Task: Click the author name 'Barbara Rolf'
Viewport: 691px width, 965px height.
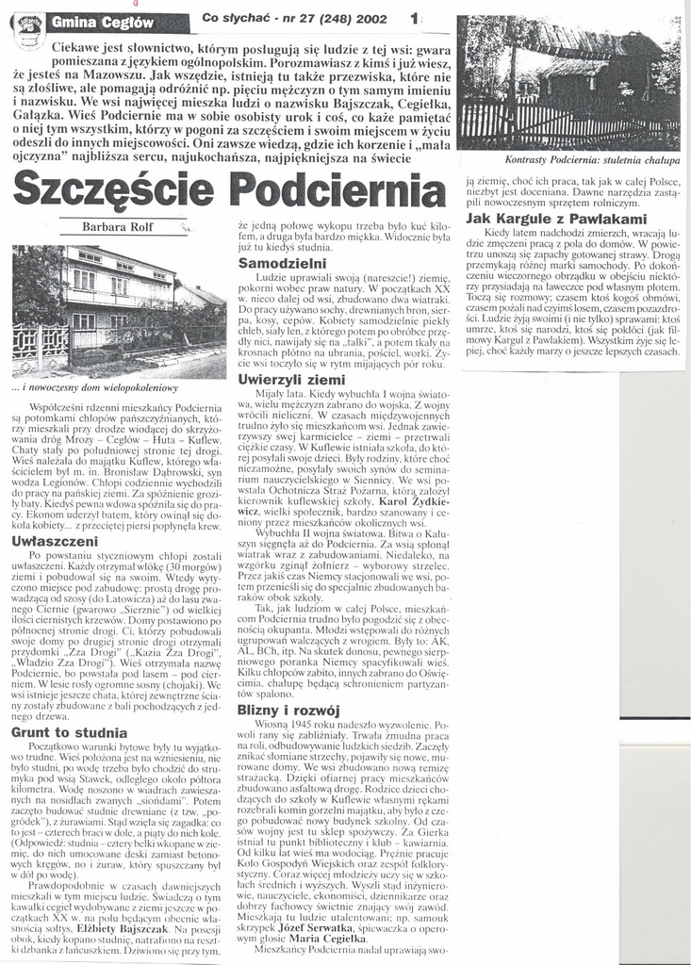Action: click(x=116, y=226)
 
